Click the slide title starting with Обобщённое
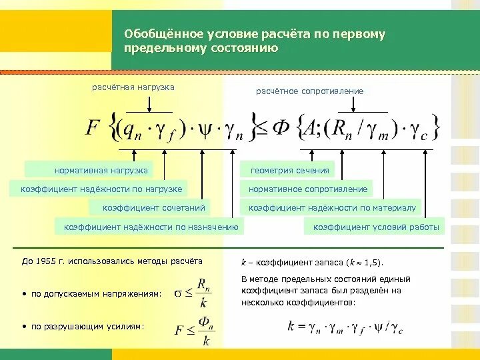click(x=255, y=41)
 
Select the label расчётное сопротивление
click(x=310, y=91)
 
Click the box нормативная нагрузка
click(x=88, y=170)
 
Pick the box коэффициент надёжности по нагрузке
click(x=101, y=189)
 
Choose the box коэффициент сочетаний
click(x=149, y=208)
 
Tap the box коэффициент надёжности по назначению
click(x=151, y=227)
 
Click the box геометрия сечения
click(x=290, y=170)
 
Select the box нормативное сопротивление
click(x=308, y=189)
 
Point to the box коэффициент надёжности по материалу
click(x=332, y=208)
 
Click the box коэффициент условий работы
click(x=376, y=227)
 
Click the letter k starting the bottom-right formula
click(x=291, y=327)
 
